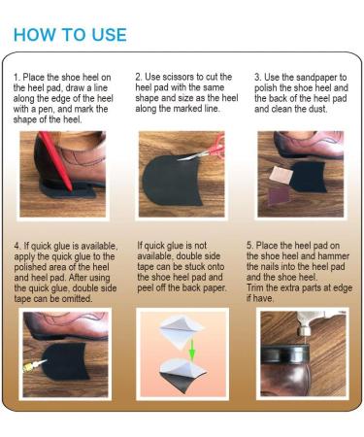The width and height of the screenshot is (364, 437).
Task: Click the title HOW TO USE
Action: tap(70, 34)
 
